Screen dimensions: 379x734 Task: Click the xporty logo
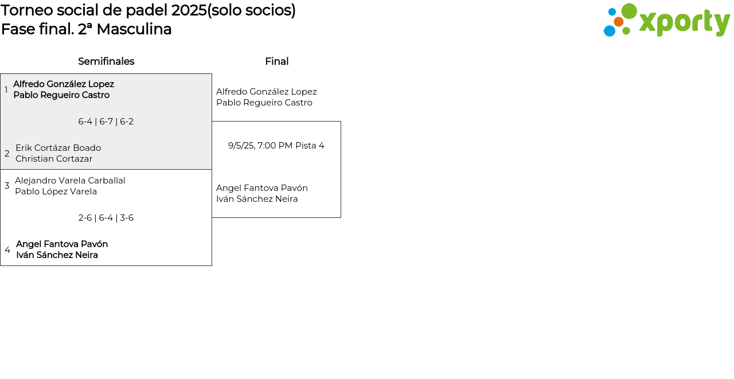tap(667, 21)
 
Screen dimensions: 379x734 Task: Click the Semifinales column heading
tap(106, 61)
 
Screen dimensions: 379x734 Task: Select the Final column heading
tap(276, 61)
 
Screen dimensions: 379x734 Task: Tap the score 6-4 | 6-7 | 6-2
tap(106, 122)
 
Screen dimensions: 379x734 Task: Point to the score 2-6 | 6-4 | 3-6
tap(106, 218)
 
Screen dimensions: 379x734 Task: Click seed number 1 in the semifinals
tap(6, 90)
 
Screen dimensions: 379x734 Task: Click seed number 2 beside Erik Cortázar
tap(7, 154)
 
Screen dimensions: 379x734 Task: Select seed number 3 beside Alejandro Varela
tap(7, 186)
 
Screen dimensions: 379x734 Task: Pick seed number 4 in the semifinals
tap(7, 250)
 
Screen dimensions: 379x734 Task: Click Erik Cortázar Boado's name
tap(58, 148)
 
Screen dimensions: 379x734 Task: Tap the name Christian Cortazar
tap(54, 159)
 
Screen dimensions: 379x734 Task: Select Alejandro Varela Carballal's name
tap(70, 181)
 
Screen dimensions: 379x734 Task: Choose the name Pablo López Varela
tap(56, 192)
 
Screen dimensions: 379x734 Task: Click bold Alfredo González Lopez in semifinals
tap(64, 84)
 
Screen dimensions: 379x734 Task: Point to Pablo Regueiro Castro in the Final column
tap(264, 103)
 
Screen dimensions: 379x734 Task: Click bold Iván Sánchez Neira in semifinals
tap(57, 255)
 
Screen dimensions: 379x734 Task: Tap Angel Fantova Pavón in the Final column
tap(262, 188)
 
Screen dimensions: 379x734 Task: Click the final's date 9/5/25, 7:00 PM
tap(260, 146)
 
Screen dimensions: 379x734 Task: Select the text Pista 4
tap(310, 146)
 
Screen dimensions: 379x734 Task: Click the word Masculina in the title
tap(134, 29)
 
